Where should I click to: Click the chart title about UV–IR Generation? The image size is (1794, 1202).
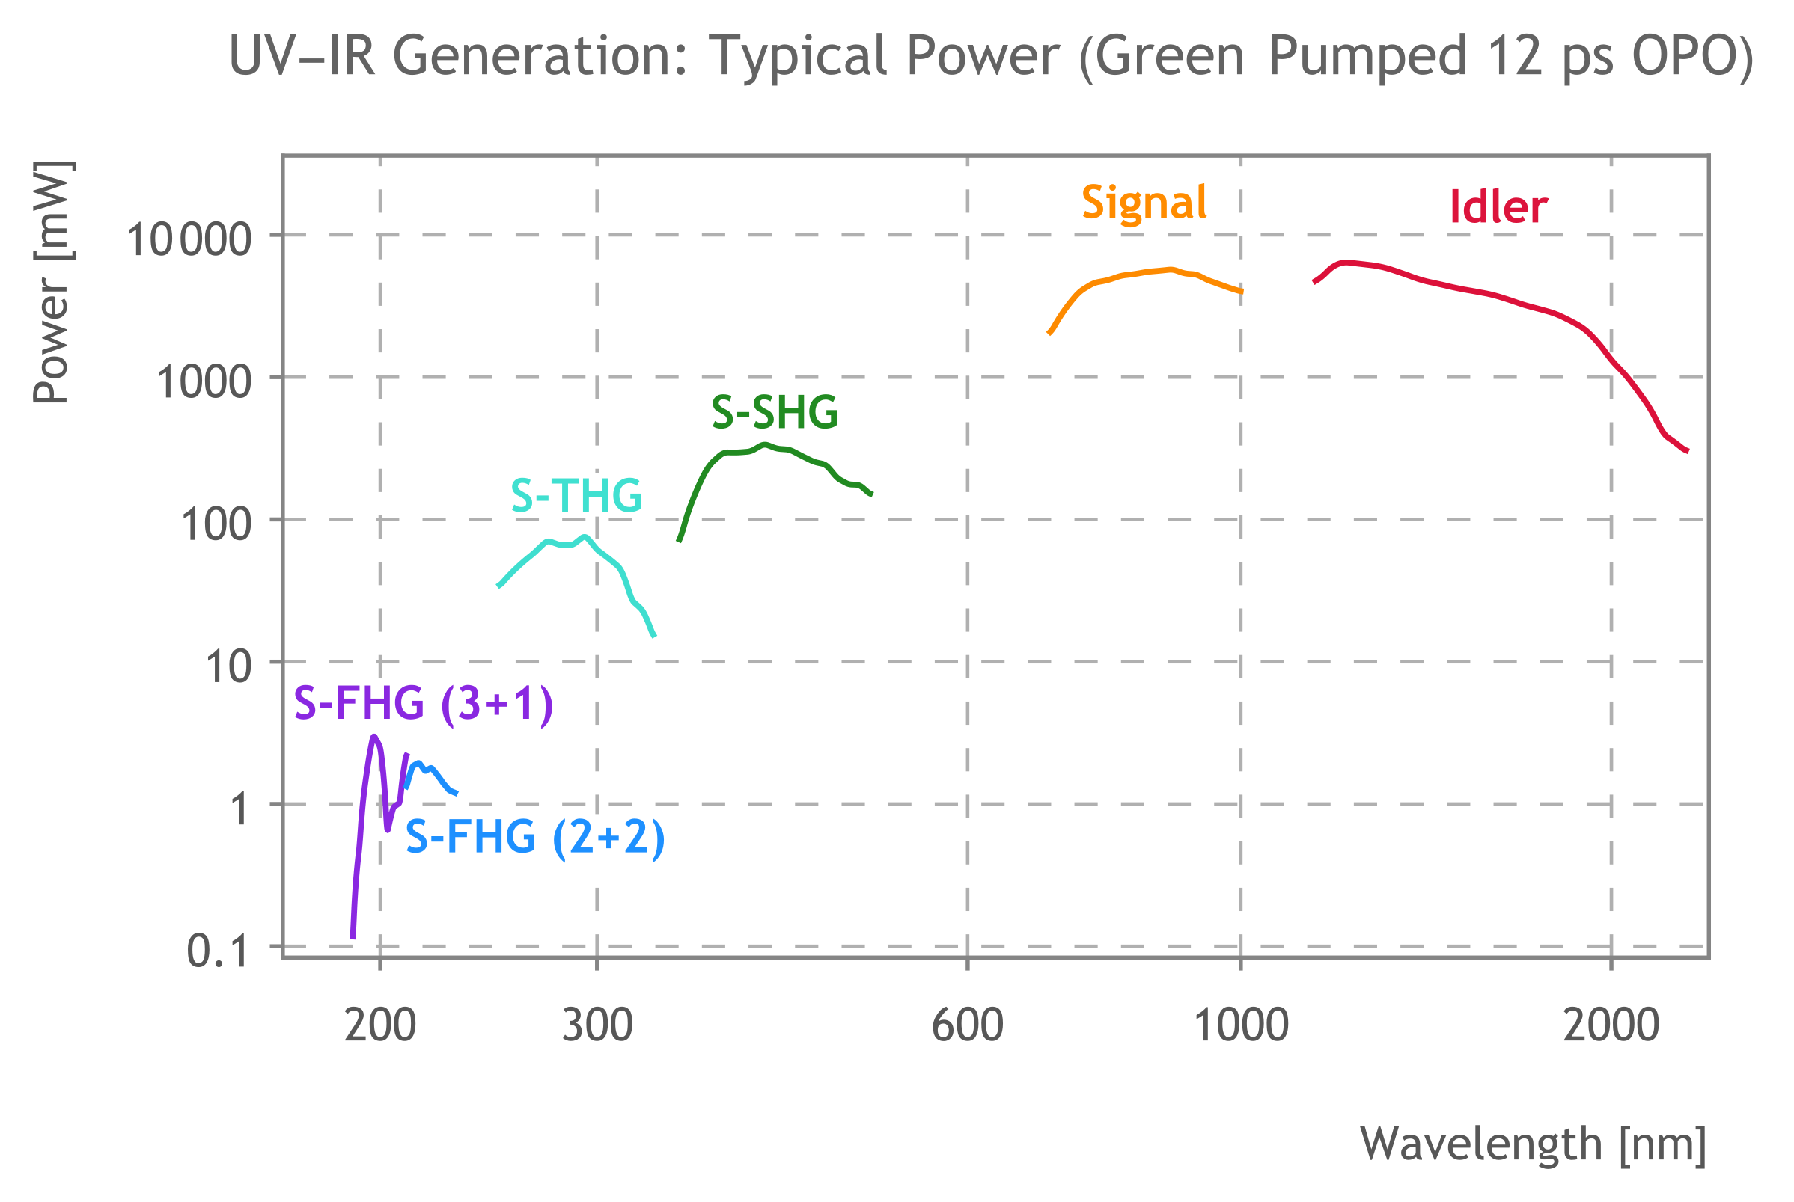tap(991, 57)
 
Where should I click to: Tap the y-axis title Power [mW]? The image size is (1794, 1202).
tap(52, 282)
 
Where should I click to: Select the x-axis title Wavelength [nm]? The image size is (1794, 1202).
tap(1534, 1144)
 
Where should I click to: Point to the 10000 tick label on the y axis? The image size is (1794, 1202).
tap(189, 239)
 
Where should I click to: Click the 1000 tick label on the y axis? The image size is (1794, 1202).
tap(204, 381)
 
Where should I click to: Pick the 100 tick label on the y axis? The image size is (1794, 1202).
tap(216, 525)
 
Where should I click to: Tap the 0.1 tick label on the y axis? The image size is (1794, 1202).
tap(218, 951)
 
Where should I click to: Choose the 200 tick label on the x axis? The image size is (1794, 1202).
tap(379, 1025)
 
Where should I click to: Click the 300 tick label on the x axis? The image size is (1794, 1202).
tap(597, 1025)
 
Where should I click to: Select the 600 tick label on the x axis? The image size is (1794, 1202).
tap(967, 1025)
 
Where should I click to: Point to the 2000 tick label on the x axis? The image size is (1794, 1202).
tap(1611, 1025)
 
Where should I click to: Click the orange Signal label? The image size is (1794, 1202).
tap(1144, 203)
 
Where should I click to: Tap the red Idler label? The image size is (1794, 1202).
tap(1498, 207)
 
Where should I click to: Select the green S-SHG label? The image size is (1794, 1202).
tap(774, 412)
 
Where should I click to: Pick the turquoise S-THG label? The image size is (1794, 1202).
tap(576, 496)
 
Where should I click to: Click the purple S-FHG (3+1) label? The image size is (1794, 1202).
tap(424, 703)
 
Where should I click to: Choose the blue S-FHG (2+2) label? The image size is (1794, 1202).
tap(534, 836)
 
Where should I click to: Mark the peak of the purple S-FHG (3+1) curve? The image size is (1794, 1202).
tap(373, 738)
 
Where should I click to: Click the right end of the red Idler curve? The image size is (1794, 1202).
tap(1688, 452)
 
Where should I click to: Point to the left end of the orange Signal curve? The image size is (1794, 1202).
tap(1049, 334)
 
